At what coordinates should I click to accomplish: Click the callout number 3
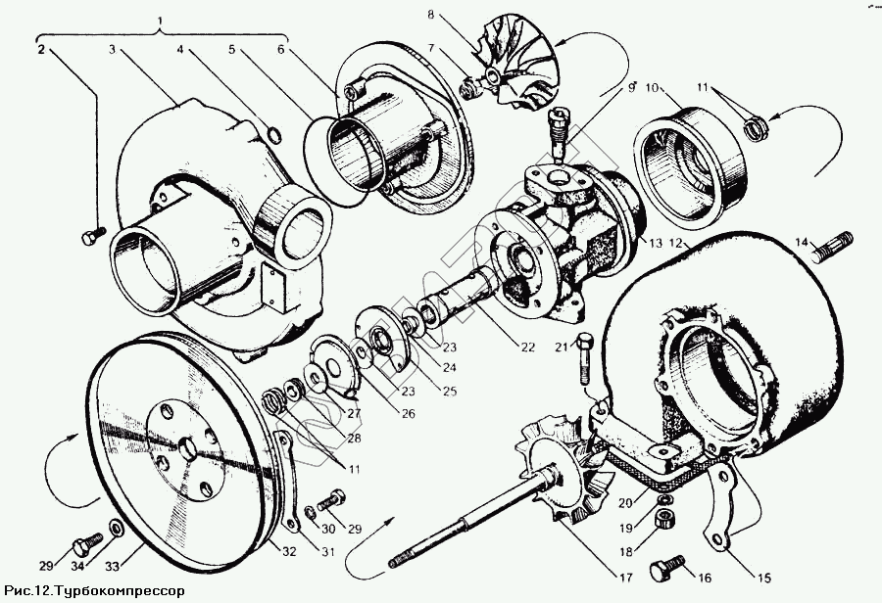[113, 48]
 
